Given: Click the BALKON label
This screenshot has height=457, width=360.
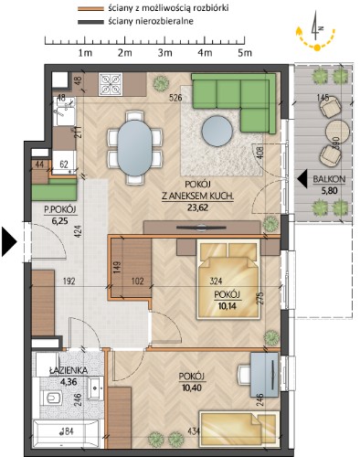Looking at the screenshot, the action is point(329,179).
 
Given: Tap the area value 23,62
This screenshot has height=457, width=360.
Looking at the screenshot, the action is point(197,207).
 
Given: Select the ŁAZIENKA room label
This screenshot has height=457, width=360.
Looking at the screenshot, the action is point(69,370).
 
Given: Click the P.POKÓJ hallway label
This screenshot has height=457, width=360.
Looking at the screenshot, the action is point(60,209).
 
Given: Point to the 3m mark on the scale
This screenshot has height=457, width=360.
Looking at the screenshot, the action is point(164,53).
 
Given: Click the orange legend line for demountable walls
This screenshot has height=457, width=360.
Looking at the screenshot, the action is point(90,9).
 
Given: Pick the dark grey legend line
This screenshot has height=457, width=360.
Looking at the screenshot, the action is point(90,22).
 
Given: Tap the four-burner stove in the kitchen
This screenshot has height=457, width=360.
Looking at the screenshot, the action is point(110,84).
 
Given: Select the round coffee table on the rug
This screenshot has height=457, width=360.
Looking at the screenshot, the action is point(217,132).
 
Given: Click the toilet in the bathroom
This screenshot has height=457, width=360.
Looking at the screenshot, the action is point(51,398).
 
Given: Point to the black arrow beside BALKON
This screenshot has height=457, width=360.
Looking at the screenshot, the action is point(302,179).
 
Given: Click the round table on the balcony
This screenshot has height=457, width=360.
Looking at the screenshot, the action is point(337,132).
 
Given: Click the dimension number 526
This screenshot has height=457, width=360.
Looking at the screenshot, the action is point(175,98).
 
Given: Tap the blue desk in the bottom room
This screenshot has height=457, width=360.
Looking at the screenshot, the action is point(264,375).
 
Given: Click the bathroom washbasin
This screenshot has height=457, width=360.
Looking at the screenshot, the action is point(96,388).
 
